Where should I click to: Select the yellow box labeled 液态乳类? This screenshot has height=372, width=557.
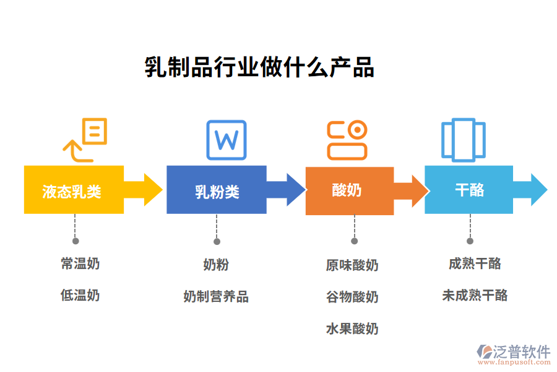pyautogui.click(x=73, y=190)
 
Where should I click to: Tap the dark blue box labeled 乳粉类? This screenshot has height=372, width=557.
pyautogui.click(x=217, y=190)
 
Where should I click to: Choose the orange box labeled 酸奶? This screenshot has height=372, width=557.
pyautogui.click(x=349, y=190)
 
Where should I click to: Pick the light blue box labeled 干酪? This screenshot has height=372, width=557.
pyautogui.click(x=468, y=190)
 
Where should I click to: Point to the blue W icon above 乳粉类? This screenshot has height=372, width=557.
pyautogui.click(x=226, y=139)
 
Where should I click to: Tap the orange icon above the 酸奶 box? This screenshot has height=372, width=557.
pyautogui.click(x=347, y=139)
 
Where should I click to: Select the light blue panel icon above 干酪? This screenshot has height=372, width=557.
pyautogui.click(x=463, y=139)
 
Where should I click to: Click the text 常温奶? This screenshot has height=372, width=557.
pyautogui.click(x=80, y=263)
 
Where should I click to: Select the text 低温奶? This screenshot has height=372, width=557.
pyautogui.click(x=80, y=295)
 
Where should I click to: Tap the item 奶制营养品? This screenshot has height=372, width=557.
pyautogui.click(x=216, y=296)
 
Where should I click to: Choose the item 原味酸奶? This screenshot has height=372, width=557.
pyautogui.click(x=352, y=265)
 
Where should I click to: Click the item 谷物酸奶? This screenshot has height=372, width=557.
pyautogui.click(x=352, y=297)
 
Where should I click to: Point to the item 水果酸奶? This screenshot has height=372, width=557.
pyautogui.click(x=352, y=329)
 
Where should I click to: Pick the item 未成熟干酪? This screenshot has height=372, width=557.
pyautogui.click(x=475, y=295)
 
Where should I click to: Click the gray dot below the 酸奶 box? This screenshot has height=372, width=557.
pyautogui.click(x=354, y=241)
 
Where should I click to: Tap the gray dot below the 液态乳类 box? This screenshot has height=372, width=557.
pyautogui.click(x=76, y=241)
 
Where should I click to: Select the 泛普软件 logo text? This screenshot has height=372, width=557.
pyautogui.click(x=522, y=351)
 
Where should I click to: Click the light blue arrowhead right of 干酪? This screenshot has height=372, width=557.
pyautogui.click(x=537, y=190)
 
